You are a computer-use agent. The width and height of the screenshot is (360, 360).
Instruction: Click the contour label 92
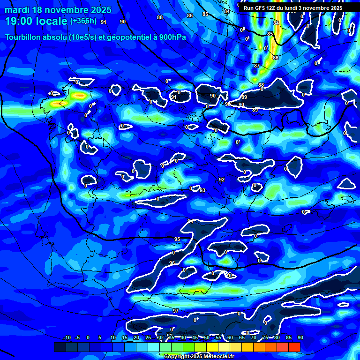point(222,180)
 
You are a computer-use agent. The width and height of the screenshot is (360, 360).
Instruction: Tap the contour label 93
point(202,190)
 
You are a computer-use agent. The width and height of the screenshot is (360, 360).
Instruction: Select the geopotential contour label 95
point(177,239)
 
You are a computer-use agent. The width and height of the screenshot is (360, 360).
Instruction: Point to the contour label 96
point(172,263)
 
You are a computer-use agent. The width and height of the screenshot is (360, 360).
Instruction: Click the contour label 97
point(176,311)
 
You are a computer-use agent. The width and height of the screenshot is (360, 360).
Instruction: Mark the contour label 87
point(256,66)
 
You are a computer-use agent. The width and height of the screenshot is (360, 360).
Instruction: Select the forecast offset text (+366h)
point(84,21)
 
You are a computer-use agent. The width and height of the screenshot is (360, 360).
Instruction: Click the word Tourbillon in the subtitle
point(23,37)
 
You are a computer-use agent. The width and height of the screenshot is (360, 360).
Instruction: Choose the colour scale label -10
point(67,337)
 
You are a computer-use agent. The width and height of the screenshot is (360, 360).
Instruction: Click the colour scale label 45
point(195,337)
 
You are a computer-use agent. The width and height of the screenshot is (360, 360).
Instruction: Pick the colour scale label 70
point(254,337)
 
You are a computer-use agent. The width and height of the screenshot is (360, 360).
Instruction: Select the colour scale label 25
point(148,337)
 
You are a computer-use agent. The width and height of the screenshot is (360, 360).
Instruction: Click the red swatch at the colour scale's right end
point(294,347)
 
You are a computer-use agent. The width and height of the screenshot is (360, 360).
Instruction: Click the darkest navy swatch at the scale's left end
point(60,347)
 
